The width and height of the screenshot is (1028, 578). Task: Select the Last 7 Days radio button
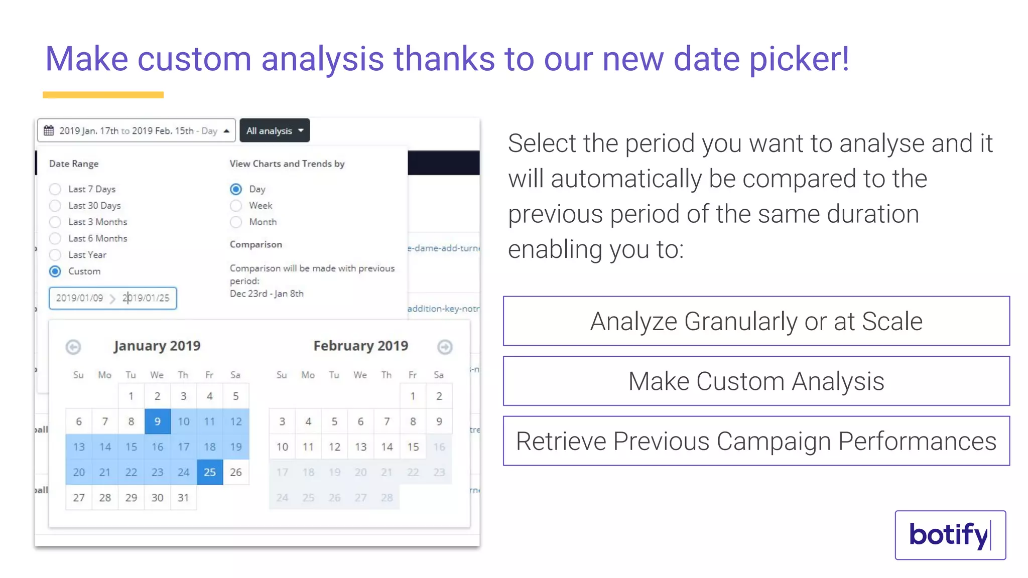[55, 189]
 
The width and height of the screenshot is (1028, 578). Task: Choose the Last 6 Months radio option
[55, 238]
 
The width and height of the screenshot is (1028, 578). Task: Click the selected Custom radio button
[55, 271]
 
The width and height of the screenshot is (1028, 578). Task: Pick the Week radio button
[236, 206]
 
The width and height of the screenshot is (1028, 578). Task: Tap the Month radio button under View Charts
[236, 222]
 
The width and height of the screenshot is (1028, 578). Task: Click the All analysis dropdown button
[275, 131]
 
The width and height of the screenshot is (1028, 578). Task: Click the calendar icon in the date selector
[49, 131]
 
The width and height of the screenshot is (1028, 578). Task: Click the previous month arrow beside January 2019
[73, 347]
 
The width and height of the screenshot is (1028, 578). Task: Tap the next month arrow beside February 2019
[445, 347]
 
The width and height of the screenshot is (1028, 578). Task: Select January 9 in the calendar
[158, 421]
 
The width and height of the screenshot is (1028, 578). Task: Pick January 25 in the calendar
[210, 472]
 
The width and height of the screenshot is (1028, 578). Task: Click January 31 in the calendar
[183, 498]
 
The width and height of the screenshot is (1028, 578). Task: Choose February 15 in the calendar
[413, 447]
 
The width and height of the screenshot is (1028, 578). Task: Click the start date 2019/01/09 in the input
[79, 298]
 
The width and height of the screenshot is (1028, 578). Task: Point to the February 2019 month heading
[360, 346]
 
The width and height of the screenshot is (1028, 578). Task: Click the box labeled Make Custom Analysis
[756, 381]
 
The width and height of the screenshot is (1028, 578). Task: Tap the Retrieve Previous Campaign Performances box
[756, 441]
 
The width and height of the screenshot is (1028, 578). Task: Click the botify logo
[950, 535]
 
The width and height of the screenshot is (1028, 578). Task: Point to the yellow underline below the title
[103, 95]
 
